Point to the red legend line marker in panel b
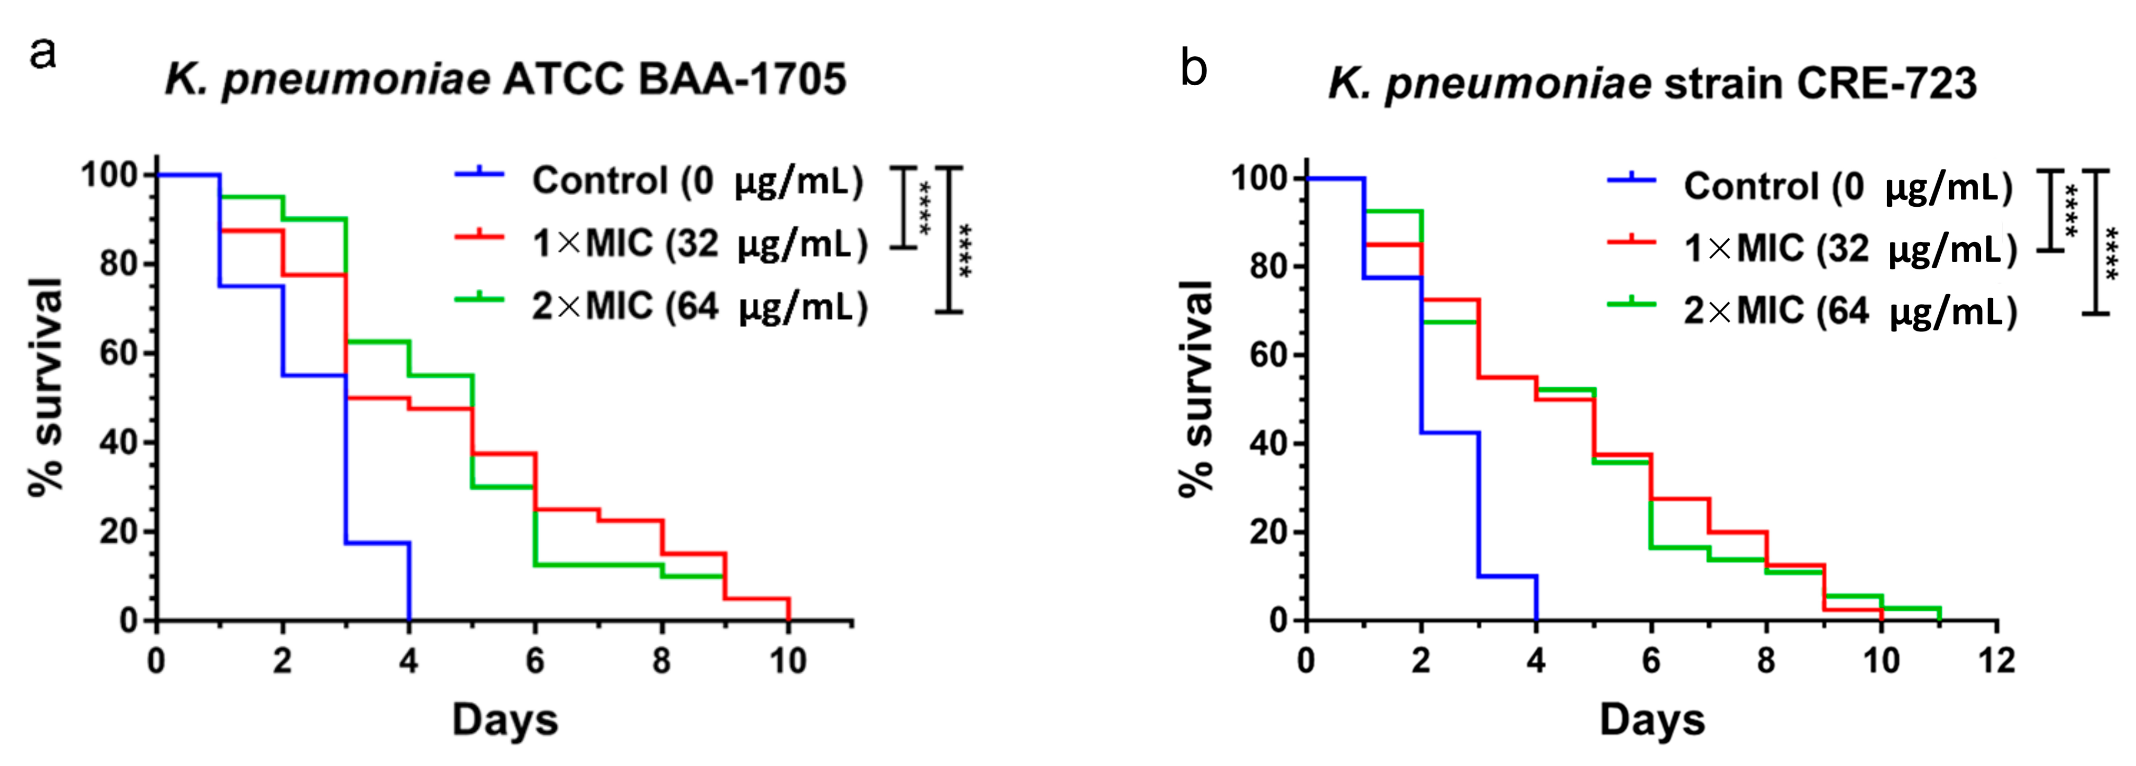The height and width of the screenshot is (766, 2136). (x=1631, y=241)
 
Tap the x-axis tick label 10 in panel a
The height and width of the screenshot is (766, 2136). (x=787, y=661)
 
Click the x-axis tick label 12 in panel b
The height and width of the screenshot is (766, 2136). (x=1996, y=661)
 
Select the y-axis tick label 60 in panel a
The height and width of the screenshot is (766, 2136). (x=117, y=353)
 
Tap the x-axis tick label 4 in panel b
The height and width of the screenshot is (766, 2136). (x=1536, y=661)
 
